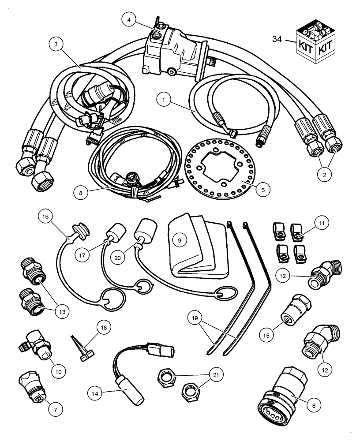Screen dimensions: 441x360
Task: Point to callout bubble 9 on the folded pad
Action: pos(180,240)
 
